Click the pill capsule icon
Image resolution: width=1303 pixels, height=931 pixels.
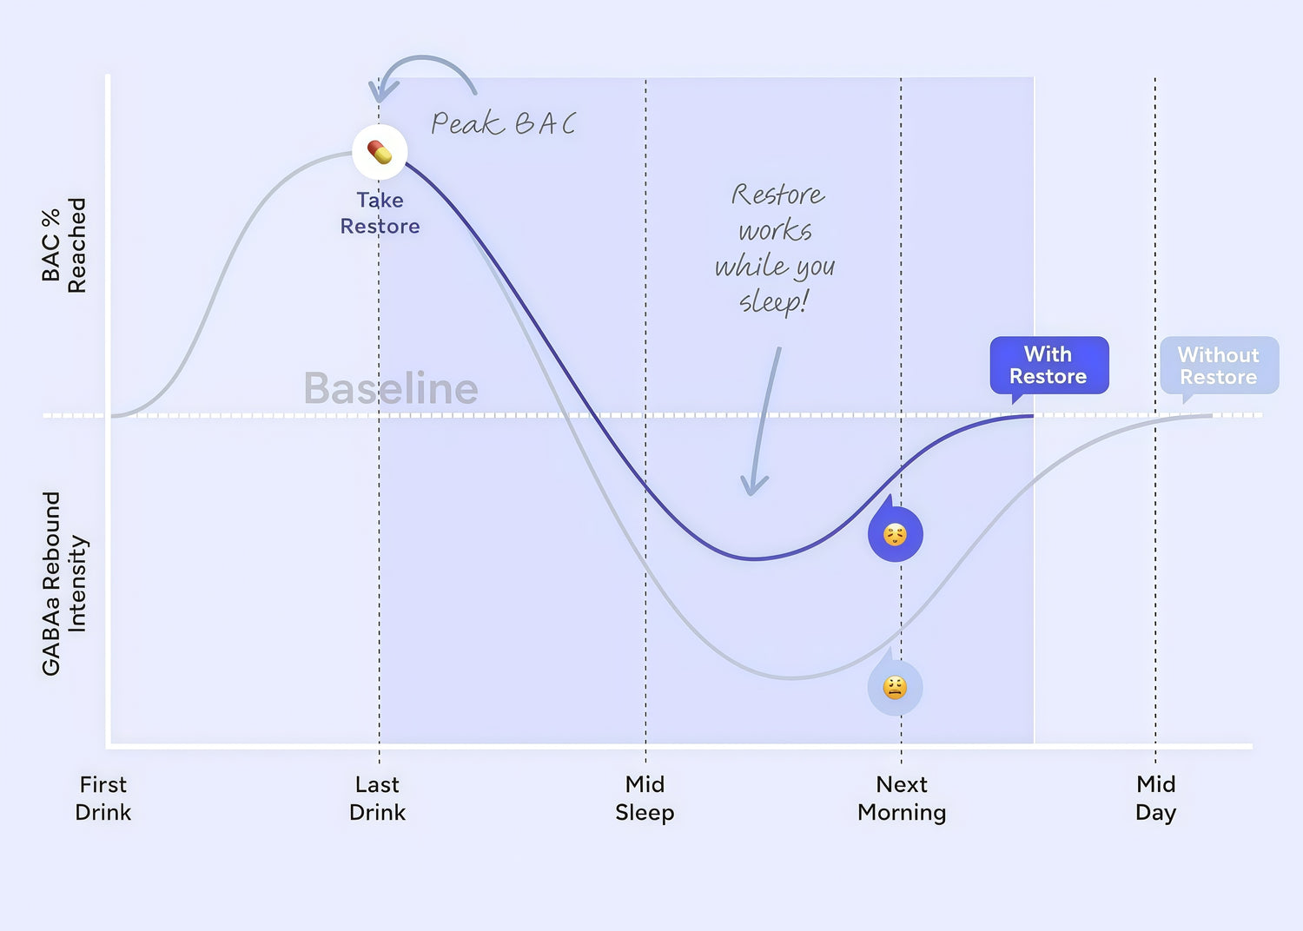380,152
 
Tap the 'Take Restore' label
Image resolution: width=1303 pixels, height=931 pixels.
380,213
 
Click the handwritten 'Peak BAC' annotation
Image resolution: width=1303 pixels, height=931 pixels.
504,123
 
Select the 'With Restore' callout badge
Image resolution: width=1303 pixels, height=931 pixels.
1048,365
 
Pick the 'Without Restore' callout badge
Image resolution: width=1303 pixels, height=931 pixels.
1219,366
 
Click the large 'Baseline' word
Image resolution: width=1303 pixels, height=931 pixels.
391,388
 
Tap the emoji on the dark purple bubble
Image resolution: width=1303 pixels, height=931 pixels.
895,534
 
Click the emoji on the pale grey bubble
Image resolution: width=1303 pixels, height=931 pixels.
895,688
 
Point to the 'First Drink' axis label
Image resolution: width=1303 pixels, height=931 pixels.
103,798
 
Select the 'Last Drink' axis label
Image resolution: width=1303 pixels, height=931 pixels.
378,798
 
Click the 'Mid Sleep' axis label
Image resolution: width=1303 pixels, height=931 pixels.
645,798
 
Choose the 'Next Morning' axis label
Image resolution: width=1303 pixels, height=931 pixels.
902,798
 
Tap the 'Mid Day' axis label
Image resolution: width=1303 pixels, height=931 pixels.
1156,798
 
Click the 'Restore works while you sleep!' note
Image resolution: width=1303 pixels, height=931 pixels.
775,248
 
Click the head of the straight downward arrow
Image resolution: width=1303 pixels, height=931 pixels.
753,488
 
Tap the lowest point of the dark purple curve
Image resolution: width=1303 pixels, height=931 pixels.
754,558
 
